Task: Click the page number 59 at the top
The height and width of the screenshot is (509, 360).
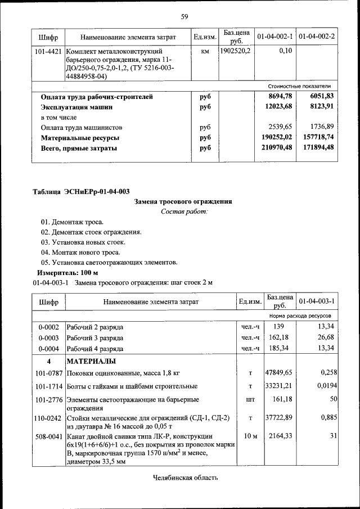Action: (184, 16)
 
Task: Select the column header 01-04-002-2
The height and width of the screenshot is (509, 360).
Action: (317, 37)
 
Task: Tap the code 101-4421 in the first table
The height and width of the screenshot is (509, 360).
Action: (48, 52)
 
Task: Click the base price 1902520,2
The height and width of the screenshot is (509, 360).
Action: (236, 51)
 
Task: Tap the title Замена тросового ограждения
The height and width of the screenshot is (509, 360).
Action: (183, 201)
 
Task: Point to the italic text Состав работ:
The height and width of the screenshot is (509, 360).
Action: (184, 211)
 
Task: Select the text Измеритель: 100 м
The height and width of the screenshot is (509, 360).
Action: (67, 273)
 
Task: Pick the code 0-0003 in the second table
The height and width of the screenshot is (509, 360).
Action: (48, 337)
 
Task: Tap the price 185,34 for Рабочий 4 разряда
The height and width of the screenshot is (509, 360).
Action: (280, 348)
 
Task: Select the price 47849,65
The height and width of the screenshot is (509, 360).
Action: (280, 373)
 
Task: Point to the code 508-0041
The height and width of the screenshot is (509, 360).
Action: (48, 436)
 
